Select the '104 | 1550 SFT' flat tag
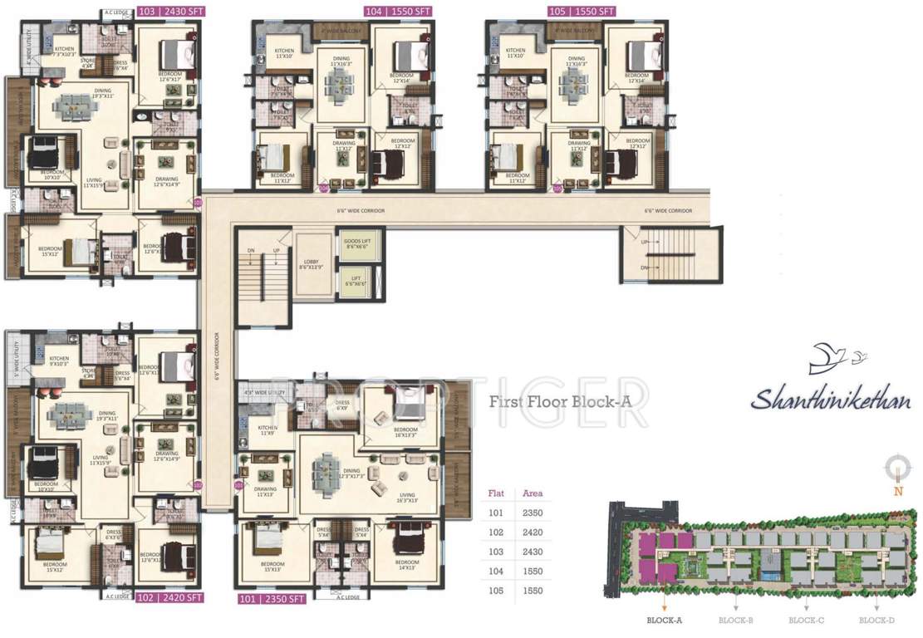click(396, 12)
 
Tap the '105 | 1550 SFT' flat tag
click(581, 12)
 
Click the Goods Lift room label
click(358, 244)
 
